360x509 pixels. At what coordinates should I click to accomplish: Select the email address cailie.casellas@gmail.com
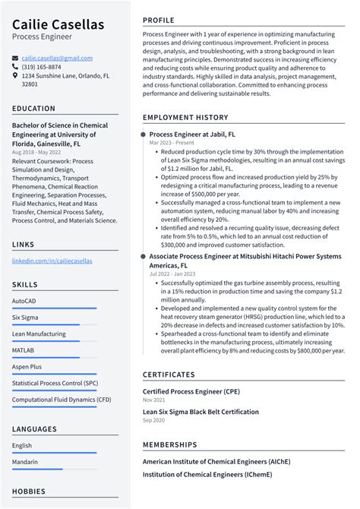click(x=57, y=58)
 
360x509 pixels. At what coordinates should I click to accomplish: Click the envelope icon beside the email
click(x=15, y=58)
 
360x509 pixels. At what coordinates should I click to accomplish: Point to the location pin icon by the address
click(x=15, y=76)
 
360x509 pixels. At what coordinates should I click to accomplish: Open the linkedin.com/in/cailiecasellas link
click(x=52, y=261)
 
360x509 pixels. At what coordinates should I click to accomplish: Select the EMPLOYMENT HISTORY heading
click(x=185, y=118)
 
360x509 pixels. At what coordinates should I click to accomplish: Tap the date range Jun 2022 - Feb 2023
click(x=173, y=274)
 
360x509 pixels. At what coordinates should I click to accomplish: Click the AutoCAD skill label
click(x=24, y=301)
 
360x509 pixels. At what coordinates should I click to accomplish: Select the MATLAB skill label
click(x=23, y=350)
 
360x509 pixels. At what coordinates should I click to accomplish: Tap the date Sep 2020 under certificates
click(x=153, y=420)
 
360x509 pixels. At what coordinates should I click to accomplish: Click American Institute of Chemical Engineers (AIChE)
click(x=216, y=461)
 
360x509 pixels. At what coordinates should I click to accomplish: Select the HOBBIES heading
click(x=29, y=492)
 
